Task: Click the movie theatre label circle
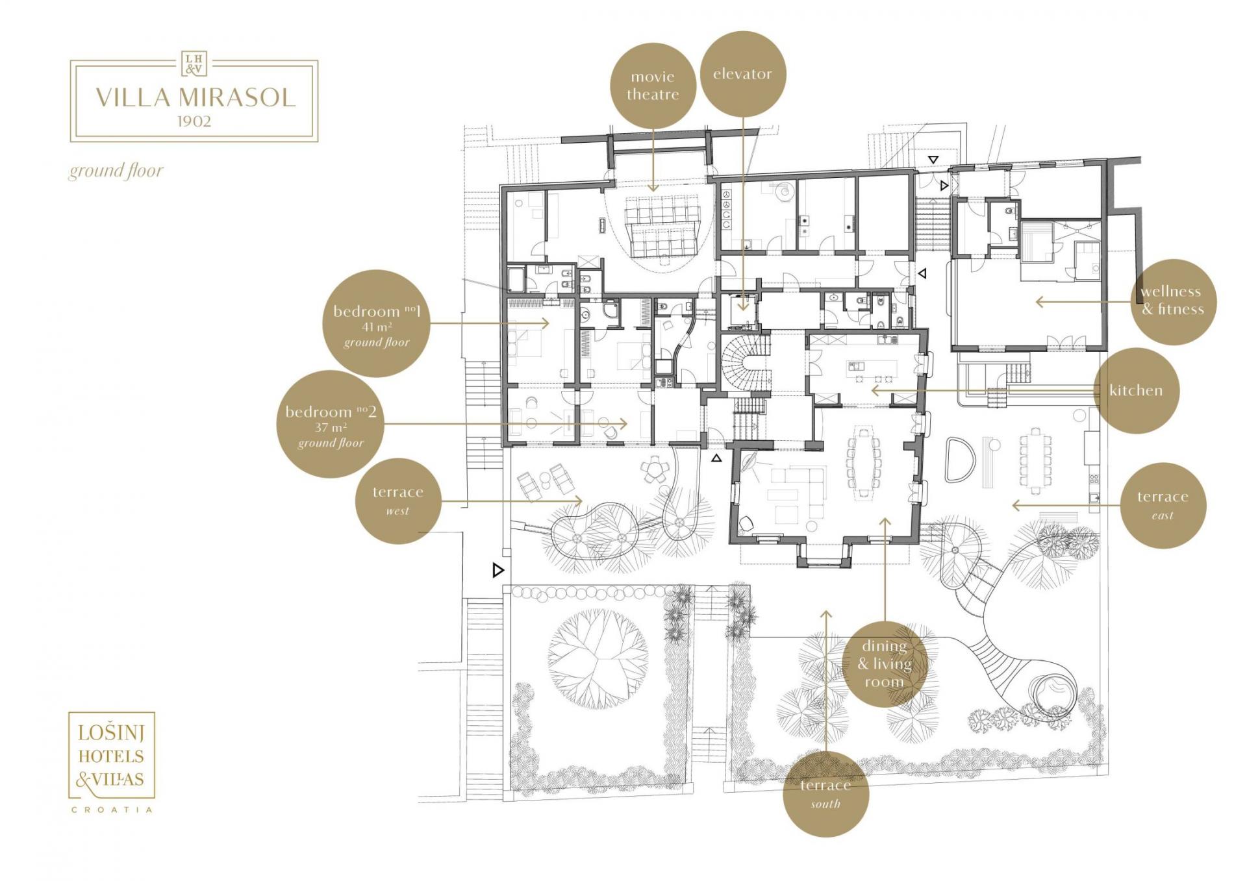653,86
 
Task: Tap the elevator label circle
743,74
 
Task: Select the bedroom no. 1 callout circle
377,323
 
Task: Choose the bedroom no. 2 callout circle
331,425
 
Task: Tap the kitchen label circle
1136,390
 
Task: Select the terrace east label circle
1163,505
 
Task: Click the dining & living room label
885,664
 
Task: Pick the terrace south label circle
825,793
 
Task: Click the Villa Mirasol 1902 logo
194,97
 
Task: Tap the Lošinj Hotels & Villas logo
112,762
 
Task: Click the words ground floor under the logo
116,171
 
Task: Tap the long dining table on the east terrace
1035,460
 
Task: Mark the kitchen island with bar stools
872,370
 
